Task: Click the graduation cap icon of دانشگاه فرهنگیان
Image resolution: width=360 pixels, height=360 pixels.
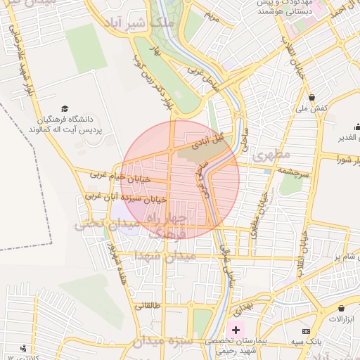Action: (65, 109)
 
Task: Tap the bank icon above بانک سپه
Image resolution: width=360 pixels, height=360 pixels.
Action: (306, 331)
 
